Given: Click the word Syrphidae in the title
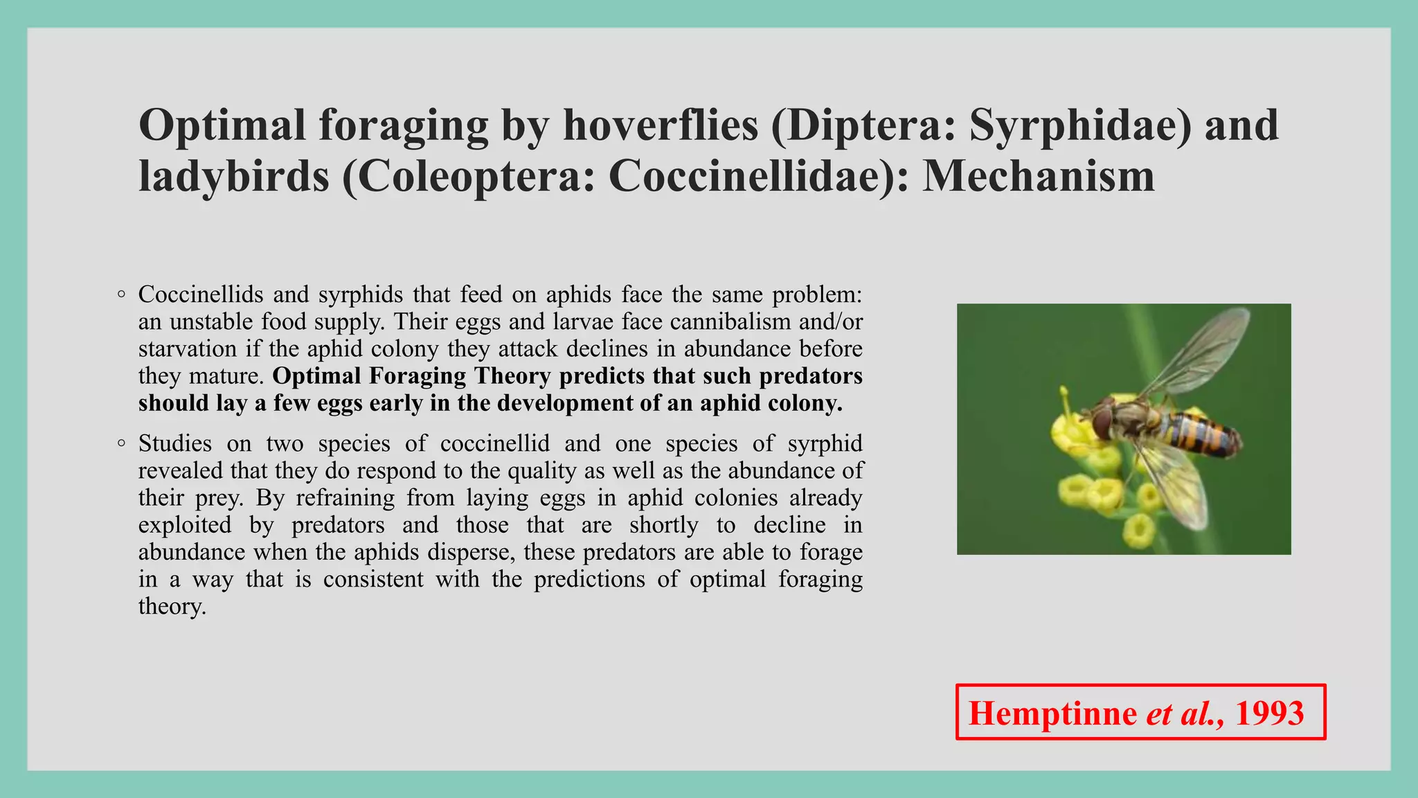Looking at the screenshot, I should point(1079,125).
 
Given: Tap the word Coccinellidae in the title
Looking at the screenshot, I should point(748,176).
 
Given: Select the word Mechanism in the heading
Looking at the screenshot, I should point(1039,176).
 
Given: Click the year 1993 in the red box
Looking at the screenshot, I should point(1269,713).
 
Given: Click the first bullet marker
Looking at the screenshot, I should point(121,294).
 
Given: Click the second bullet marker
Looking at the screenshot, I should point(121,443).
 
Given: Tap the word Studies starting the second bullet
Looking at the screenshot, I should point(175,443).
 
